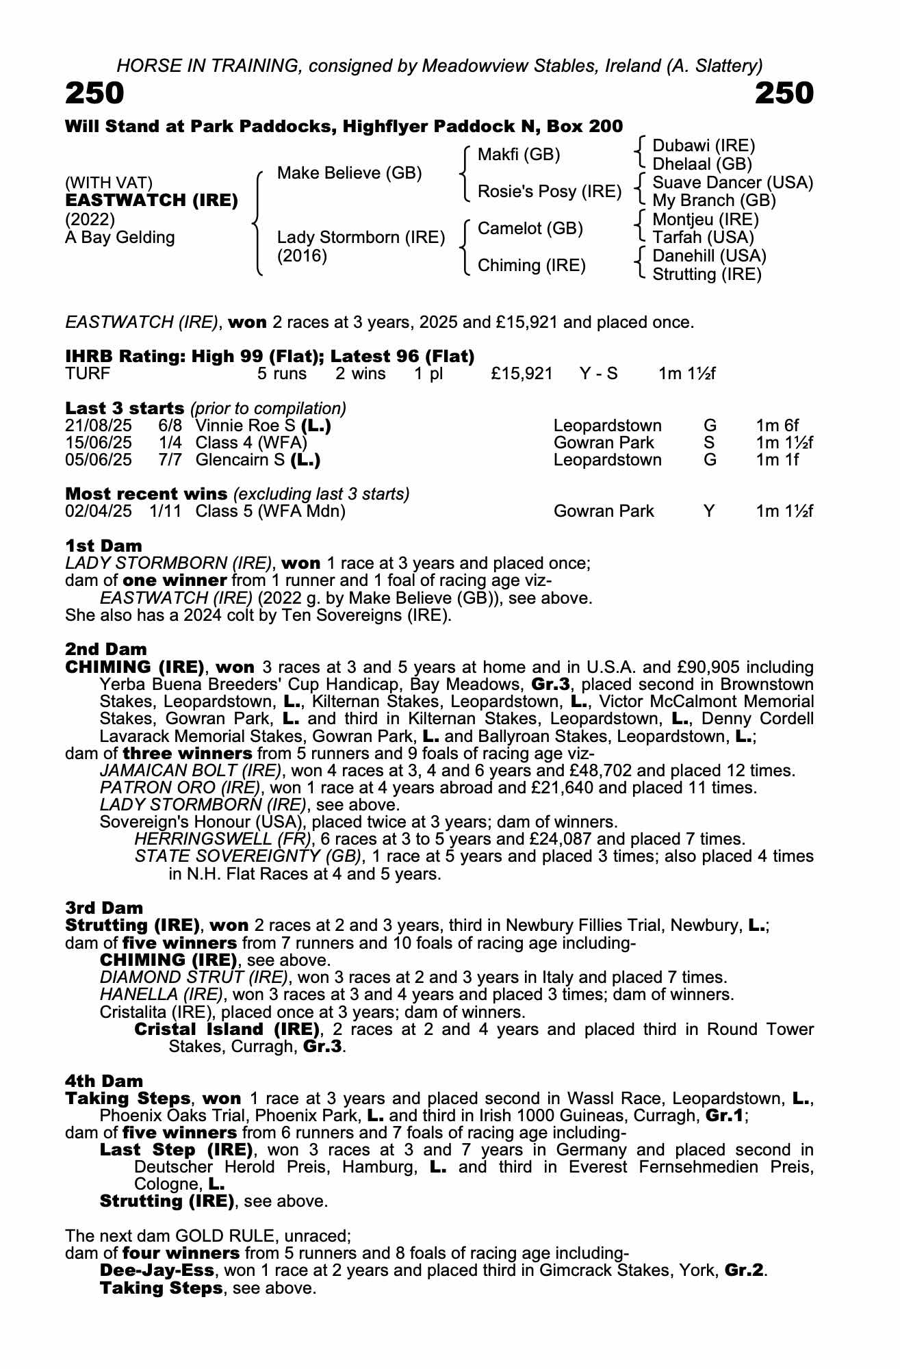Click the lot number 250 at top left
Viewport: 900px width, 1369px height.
(x=94, y=94)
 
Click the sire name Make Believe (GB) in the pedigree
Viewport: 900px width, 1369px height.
(x=349, y=173)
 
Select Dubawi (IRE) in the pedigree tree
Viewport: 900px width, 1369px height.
(x=704, y=146)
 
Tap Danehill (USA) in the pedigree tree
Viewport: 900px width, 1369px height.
(x=709, y=256)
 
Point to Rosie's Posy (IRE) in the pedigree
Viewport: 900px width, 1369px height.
(x=549, y=192)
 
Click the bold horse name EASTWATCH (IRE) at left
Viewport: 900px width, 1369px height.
(x=151, y=201)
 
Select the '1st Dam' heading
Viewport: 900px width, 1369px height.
(x=103, y=546)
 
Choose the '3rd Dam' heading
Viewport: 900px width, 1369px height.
(x=104, y=908)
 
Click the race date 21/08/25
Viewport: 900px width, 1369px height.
(x=99, y=426)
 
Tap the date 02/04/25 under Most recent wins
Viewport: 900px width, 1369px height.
(x=99, y=511)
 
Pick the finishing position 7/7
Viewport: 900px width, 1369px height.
(x=170, y=459)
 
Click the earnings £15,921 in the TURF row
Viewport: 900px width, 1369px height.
(x=522, y=374)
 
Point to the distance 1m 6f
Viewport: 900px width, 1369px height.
(x=777, y=426)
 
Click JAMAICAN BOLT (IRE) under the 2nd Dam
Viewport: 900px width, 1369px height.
(x=190, y=771)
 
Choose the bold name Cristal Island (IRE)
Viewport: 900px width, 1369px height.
(x=227, y=1029)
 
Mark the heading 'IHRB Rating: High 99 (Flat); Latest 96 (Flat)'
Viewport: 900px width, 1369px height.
(x=270, y=356)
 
